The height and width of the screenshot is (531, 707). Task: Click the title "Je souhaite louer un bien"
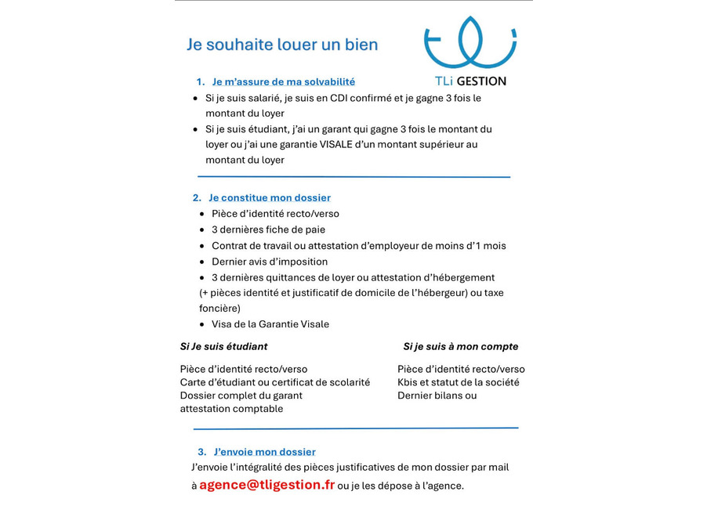[x=281, y=45]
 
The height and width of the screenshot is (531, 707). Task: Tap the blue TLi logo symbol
[x=470, y=43]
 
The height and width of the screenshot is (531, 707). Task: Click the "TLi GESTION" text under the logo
[x=470, y=81]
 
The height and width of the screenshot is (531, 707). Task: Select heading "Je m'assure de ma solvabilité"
[x=283, y=81]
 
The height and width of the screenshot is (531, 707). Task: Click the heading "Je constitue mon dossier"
[x=270, y=198]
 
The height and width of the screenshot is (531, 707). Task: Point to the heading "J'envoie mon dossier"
[x=264, y=452]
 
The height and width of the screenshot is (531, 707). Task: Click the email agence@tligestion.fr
[x=266, y=485]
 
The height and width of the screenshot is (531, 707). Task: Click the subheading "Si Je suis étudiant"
[x=223, y=346]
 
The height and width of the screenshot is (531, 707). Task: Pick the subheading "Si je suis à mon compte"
[x=460, y=346]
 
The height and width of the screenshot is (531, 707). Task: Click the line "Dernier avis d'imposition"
[x=270, y=262]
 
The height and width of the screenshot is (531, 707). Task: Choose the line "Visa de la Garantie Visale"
[x=270, y=324]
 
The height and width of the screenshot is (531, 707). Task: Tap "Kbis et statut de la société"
[x=458, y=382]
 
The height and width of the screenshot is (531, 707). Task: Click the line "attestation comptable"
[x=231, y=408]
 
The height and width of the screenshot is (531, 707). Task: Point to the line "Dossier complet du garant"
[x=241, y=396]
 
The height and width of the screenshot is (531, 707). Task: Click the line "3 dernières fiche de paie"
[x=268, y=229]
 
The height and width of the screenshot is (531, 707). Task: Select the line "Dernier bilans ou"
[x=437, y=396]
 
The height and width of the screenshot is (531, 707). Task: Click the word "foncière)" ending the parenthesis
[x=219, y=309]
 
